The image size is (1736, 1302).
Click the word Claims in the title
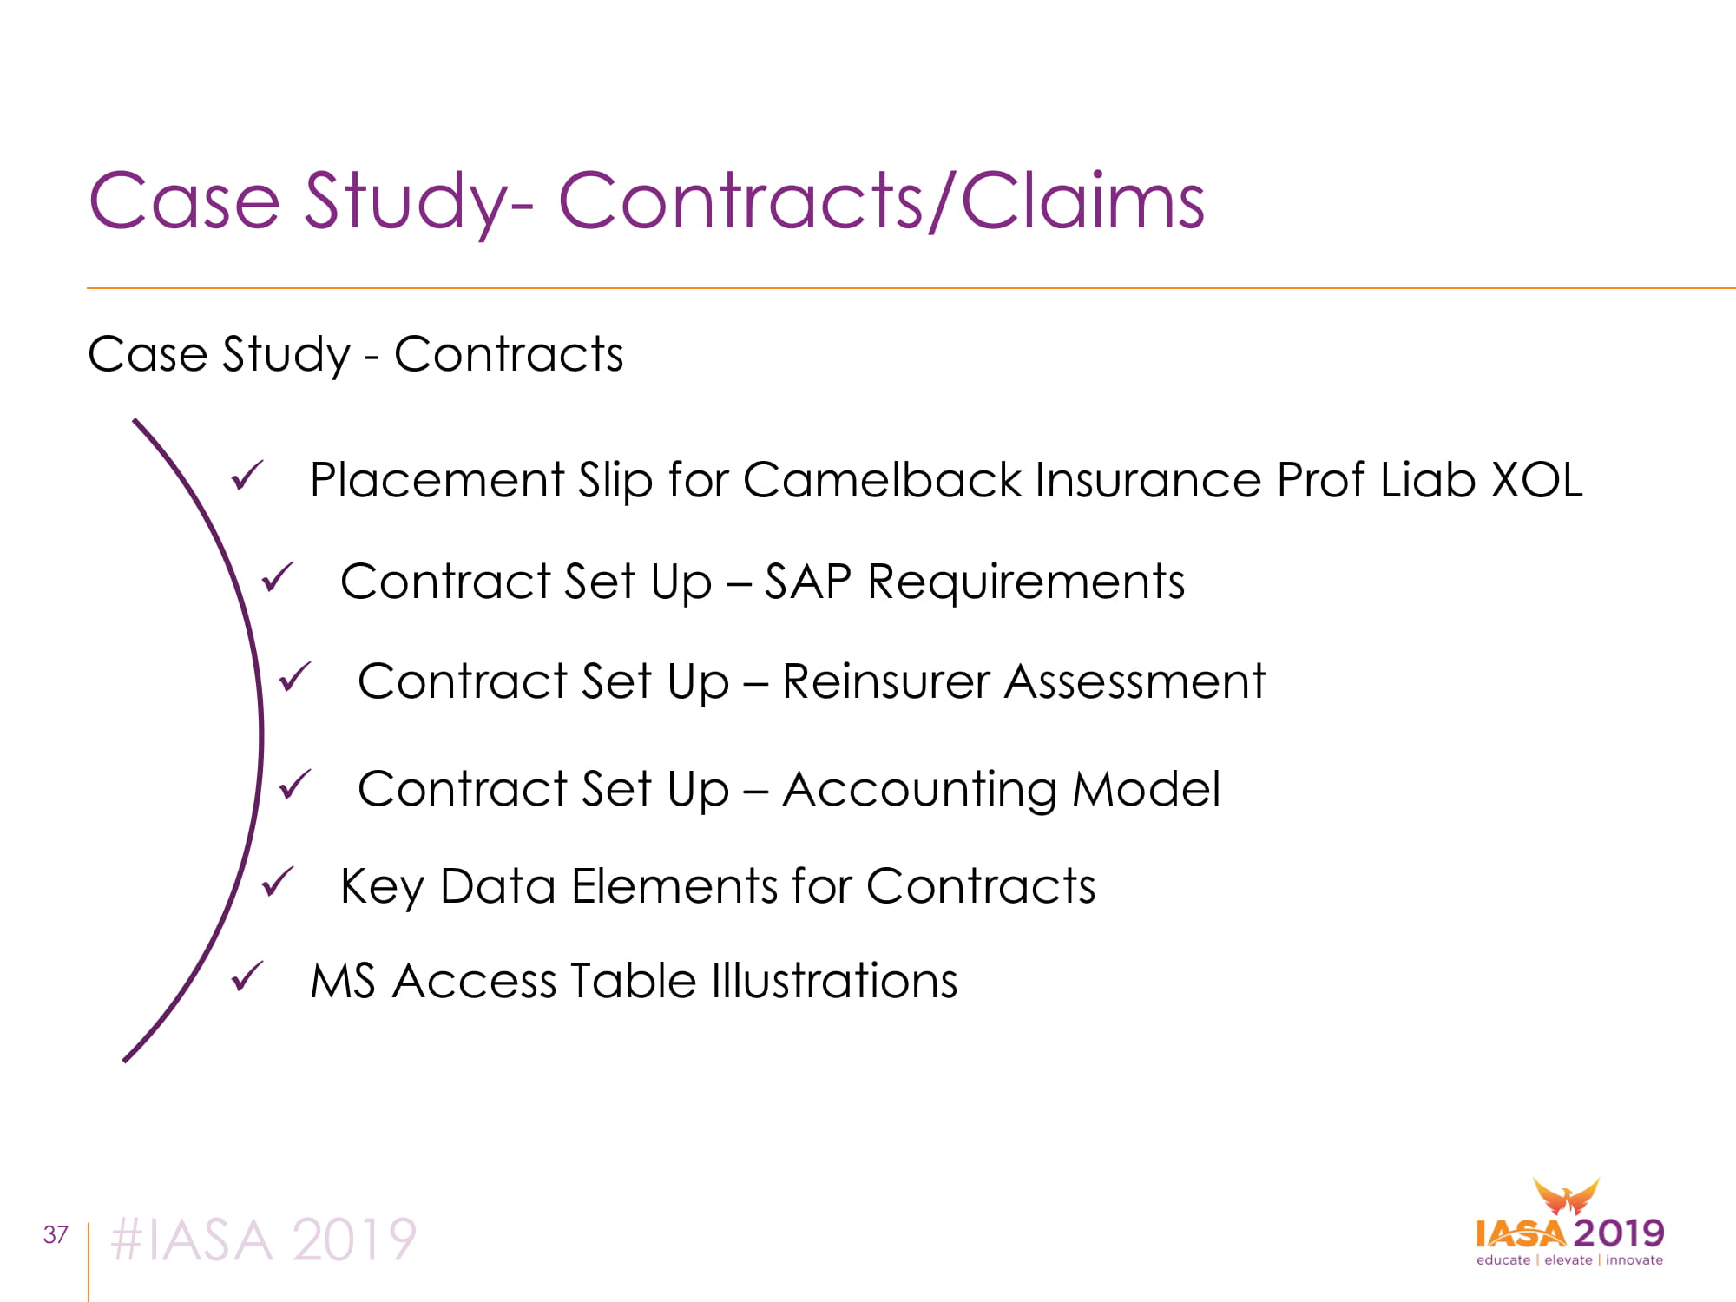click(1082, 201)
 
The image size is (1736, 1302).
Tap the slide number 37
click(56, 1234)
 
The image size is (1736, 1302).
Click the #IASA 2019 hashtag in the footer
click(264, 1240)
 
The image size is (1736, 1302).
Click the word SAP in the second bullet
click(808, 582)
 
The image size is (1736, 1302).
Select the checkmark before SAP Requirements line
click(278, 577)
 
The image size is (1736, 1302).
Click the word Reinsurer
click(886, 681)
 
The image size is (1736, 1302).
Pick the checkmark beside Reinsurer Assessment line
click(295, 677)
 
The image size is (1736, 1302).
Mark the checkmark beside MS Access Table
click(247, 977)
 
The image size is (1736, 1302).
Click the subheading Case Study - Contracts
click(356, 354)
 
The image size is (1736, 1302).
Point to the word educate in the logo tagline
click(1503, 1260)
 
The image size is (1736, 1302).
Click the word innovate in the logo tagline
click(1634, 1260)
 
